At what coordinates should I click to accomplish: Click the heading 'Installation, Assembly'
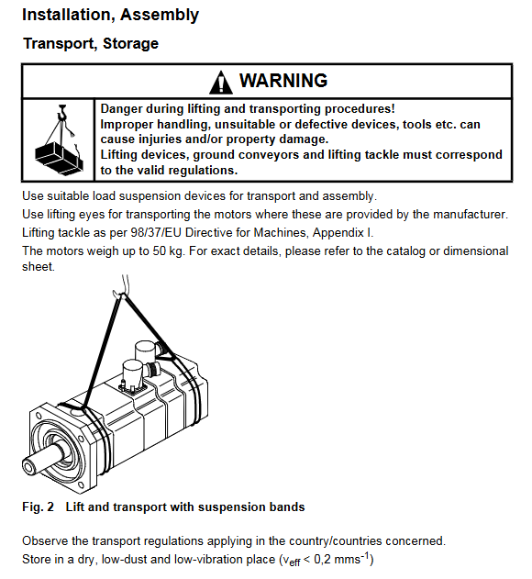[110, 15]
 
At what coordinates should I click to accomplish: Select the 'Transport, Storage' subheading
[91, 43]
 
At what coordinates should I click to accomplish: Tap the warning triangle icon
[221, 82]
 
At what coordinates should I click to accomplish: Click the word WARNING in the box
[283, 81]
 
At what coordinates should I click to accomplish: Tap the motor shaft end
[28, 466]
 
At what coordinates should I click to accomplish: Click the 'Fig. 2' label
[38, 507]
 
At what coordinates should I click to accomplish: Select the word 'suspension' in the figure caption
[231, 507]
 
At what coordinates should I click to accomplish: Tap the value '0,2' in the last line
[322, 560]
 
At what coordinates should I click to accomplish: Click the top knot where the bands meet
[123, 295]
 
